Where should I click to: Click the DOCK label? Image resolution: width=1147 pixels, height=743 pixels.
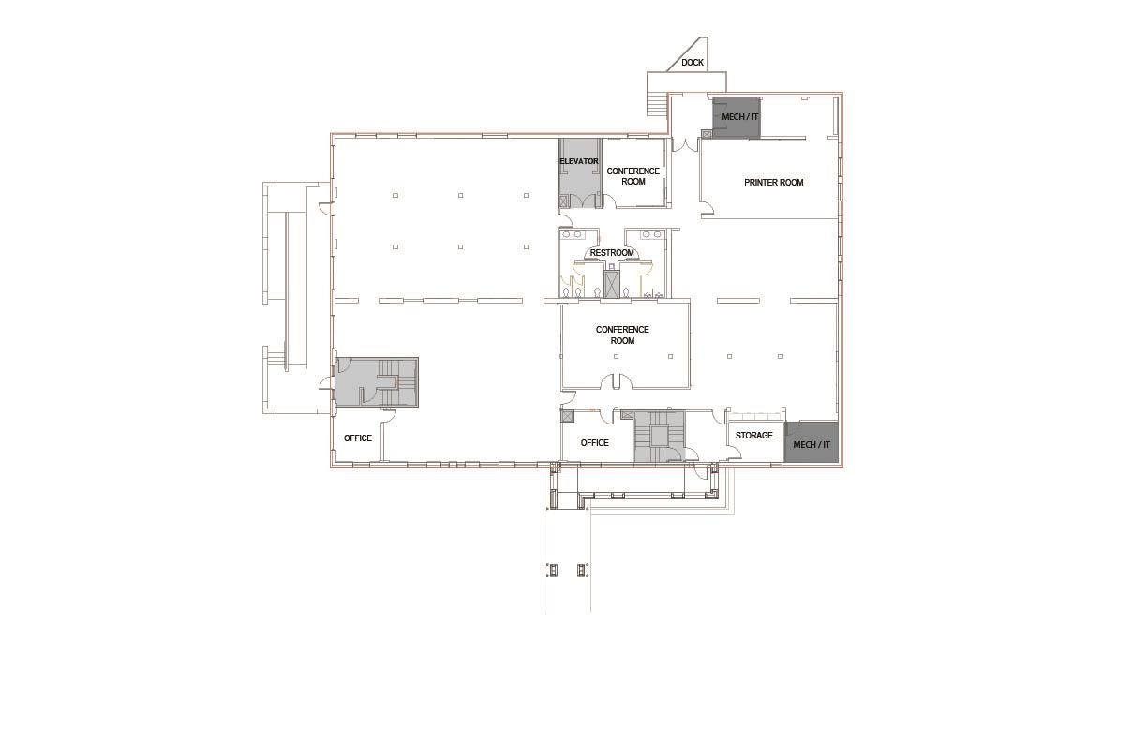(x=693, y=63)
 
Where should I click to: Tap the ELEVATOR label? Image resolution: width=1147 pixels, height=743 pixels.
(x=578, y=161)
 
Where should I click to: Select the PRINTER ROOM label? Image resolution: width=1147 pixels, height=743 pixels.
(x=773, y=183)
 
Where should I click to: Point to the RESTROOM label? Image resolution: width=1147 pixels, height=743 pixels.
(x=612, y=253)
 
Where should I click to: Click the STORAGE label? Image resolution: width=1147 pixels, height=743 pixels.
(x=753, y=436)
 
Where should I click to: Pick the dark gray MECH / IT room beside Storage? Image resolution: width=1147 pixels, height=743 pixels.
(x=812, y=442)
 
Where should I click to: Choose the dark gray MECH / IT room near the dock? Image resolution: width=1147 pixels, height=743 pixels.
(x=737, y=118)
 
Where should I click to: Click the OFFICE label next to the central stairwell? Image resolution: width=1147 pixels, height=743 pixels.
(x=594, y=443)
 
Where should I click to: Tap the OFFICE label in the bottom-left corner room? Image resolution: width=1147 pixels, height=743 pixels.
(x=358, y=438)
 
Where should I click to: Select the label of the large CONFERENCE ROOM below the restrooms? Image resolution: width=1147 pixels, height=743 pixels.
(x=622, y=334)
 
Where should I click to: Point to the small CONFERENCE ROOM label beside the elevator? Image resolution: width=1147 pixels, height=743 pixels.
(x=633, y=176)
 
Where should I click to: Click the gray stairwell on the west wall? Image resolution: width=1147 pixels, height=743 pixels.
(x=377, y=382)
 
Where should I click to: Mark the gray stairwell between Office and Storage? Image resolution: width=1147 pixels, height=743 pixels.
(x=658, y=437)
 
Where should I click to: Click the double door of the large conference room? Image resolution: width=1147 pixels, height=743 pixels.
(x=616, y=381)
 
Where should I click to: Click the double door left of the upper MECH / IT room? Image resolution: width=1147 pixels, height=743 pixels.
(x=685, y=144)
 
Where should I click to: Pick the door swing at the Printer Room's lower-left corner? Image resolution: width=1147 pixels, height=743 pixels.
(x=708, y=208)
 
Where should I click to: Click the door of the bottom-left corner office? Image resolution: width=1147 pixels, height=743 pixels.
(x=388, y=416)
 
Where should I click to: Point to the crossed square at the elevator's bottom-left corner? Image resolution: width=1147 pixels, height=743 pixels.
(x=563, y=201)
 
